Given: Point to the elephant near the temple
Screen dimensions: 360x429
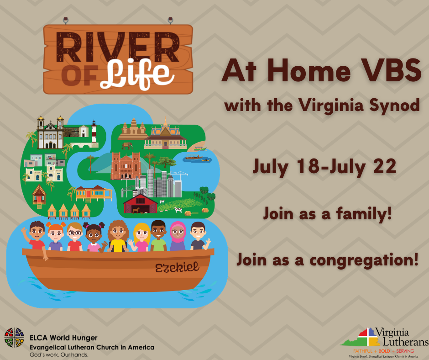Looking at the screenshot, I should pos(126,145).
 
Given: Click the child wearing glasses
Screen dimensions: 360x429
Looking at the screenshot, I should pos(75,237).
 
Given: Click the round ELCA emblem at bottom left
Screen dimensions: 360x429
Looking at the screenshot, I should pos(14,337).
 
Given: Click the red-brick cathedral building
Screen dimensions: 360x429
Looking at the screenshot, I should pos(125,165).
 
